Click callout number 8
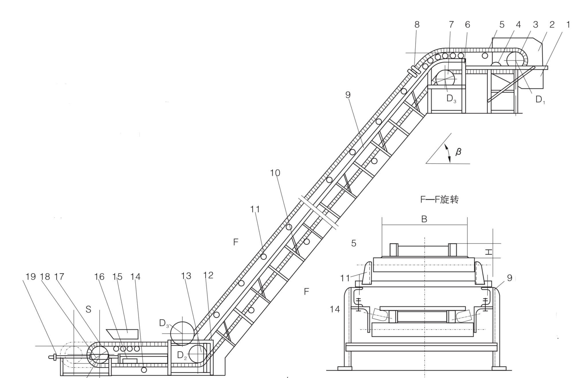(417, 25)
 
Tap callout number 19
(31, 277)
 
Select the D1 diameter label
(540, 100)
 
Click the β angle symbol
(458, 151)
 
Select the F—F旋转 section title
(439, 200)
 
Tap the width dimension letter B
(424, 219)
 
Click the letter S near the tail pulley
(88, 309)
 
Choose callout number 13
(186, 276)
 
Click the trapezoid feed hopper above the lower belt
(123, 334)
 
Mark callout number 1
(568, 25)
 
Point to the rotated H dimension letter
(489, 252)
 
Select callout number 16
(99, 277)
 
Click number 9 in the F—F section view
(509, 278)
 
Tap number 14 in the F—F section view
(335, 309)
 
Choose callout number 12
(208, 275)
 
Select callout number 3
(535, 25)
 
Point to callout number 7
(451, 25)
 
